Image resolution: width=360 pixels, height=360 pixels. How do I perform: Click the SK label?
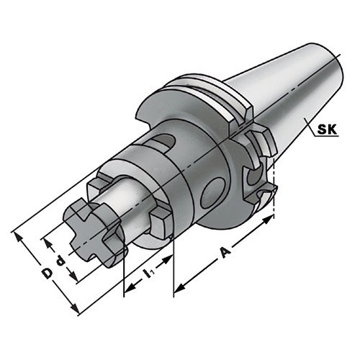point(327,130)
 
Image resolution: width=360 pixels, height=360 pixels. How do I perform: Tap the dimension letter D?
point(47,274)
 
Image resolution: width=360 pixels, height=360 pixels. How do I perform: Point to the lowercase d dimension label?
point(60,261)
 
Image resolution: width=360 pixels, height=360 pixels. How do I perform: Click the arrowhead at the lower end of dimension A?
point(180,288)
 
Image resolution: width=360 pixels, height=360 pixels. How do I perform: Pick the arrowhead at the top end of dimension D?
point(18,237)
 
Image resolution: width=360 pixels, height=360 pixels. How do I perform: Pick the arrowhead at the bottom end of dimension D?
point(75,309)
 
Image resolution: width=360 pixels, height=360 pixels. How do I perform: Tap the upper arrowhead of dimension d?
point(48,244)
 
